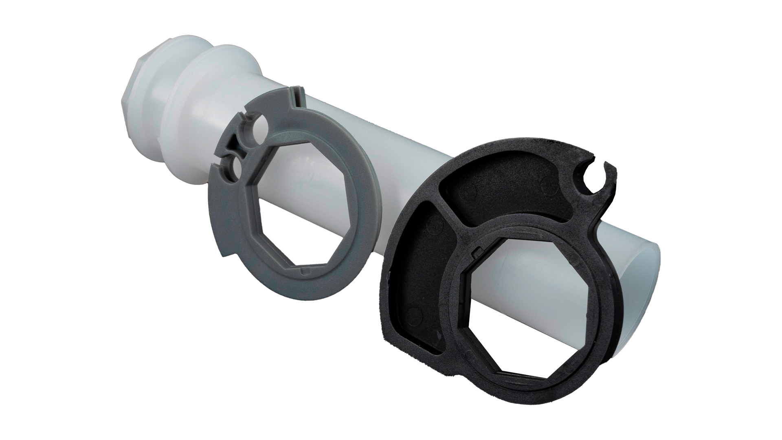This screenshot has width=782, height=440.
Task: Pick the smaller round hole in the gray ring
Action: click(237, 165)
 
